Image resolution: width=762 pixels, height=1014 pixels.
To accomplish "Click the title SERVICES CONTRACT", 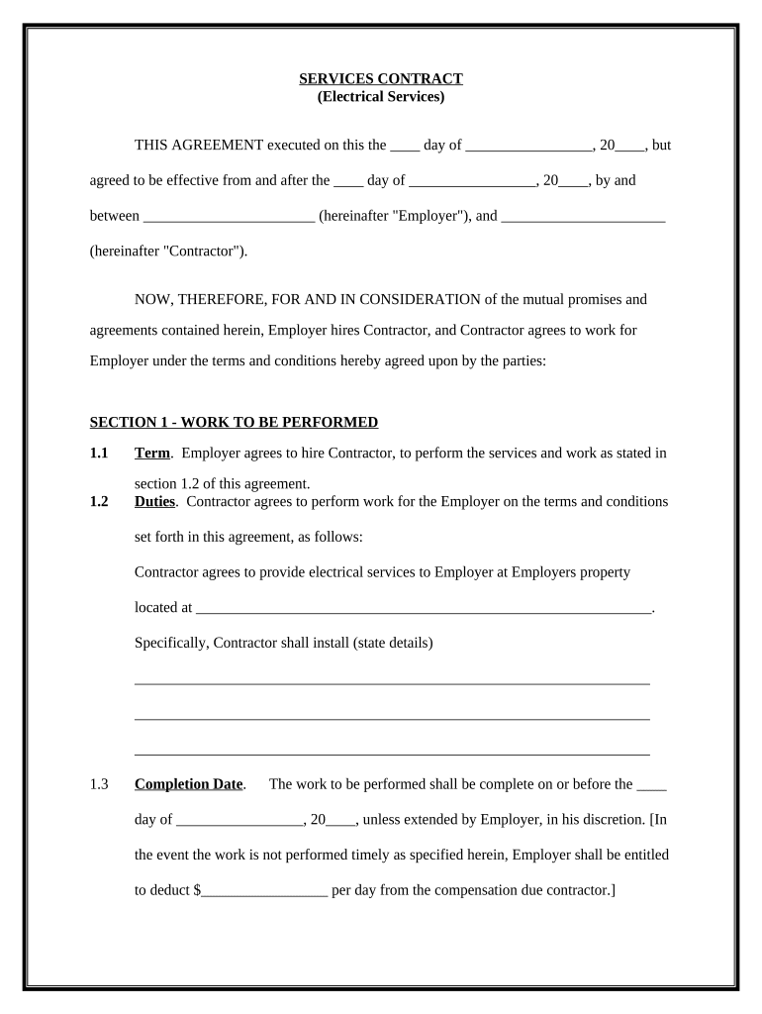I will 381,79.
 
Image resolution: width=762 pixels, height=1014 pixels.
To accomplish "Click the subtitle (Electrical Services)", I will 381,97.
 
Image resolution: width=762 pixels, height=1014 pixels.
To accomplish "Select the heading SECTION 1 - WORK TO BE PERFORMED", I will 234,423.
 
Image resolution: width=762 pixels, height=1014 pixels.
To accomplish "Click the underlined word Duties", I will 154,502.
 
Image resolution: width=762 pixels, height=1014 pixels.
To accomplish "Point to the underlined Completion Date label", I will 188,784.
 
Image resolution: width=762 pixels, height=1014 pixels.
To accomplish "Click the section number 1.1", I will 99,454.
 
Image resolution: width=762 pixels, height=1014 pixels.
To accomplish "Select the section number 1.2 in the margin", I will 99,502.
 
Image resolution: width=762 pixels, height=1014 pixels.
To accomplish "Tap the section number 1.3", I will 99,784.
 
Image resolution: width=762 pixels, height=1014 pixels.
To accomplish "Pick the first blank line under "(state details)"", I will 392,682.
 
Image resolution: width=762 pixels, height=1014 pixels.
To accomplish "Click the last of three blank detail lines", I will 392,754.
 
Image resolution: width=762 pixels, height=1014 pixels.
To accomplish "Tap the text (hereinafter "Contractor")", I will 169,252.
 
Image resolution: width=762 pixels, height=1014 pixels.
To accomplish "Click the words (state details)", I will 393,644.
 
